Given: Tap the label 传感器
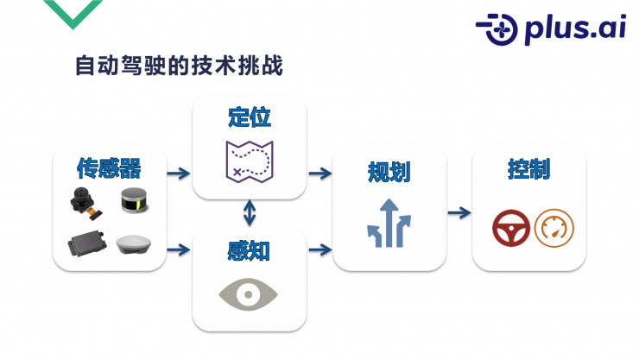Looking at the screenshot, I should click(109, 167).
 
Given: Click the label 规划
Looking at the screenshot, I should click(389, 171).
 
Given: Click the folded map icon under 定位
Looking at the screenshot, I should click(249, 161).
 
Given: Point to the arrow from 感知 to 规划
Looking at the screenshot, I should click(320, 250).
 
